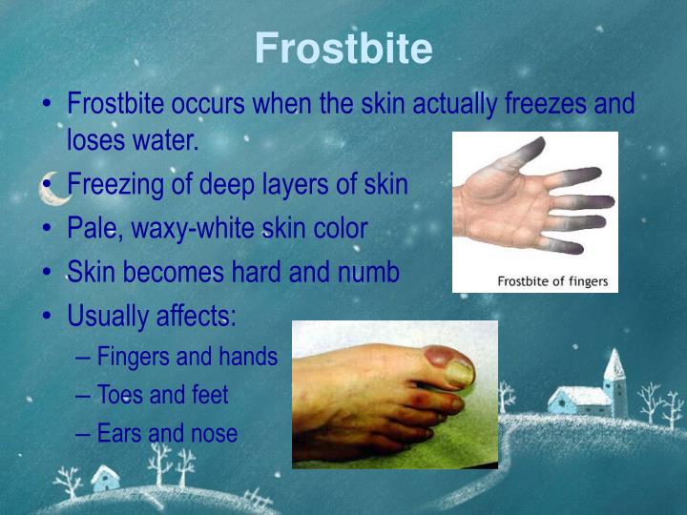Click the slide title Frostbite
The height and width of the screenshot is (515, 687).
(x=343, y=48)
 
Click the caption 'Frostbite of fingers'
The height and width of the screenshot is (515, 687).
(x=553, y=281)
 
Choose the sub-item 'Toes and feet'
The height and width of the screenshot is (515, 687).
(x=162, y=395)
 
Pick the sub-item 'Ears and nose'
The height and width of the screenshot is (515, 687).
(x=167, y=433)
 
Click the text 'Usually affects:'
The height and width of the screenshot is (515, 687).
(x=152, y=315)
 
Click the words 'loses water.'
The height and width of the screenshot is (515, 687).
(x=133, y=141)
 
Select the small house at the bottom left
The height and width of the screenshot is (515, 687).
(x=104, y=477)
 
